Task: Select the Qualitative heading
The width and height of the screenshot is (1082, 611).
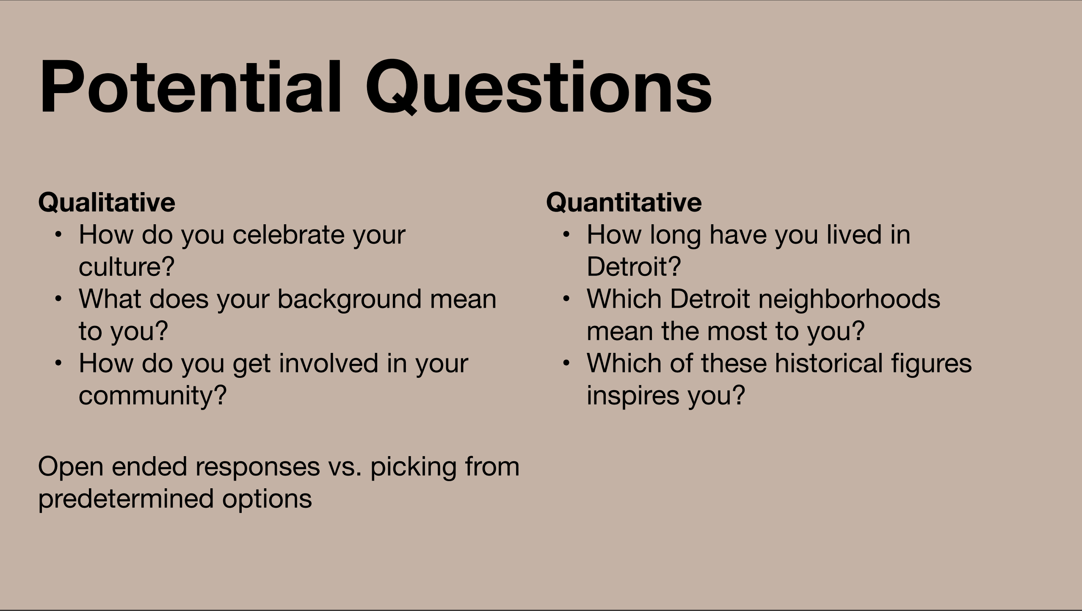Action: click(x=107, y=202)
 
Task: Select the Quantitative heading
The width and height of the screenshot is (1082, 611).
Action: click(x=624, y=202)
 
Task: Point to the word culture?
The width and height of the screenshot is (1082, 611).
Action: click(x=127, y=267)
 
